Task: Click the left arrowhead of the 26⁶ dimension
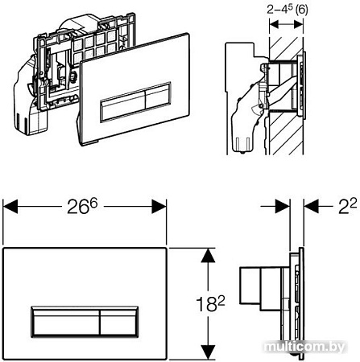click(8, 208)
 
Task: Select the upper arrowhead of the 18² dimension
click(209, 254)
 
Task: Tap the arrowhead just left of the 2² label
click(308, 208)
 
